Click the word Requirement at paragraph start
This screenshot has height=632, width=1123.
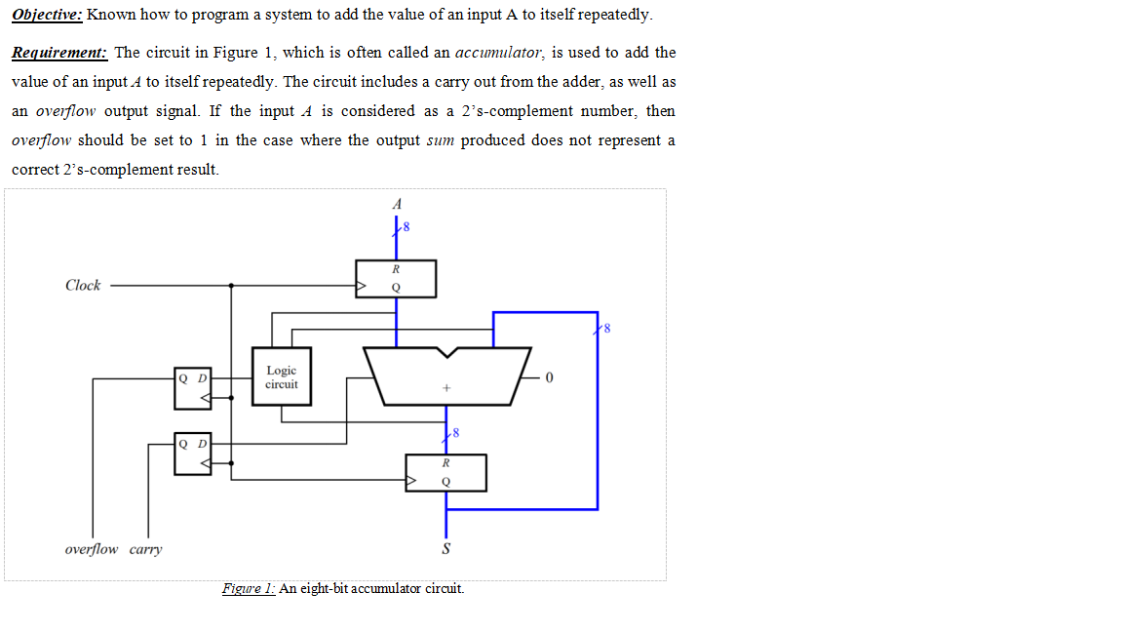(59, 53)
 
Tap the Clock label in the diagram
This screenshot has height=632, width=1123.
(83, 286)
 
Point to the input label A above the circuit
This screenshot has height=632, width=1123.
(396, 205)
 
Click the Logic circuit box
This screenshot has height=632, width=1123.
(281, 376)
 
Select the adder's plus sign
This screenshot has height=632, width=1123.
(445, 388)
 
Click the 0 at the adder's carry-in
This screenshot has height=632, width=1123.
(551, 377)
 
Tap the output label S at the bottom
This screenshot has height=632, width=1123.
(446, 549)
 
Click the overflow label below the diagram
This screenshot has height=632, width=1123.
(92, 549)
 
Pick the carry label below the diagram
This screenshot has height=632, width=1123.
(145, 549)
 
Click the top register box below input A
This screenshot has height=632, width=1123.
(396, 278)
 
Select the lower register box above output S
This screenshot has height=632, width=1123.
(445, 472)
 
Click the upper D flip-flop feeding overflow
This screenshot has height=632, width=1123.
(192, 386)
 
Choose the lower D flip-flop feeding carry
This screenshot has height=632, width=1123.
(192, 454)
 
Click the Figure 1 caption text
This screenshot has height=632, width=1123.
(342, 588)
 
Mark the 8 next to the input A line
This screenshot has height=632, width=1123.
(407, 228)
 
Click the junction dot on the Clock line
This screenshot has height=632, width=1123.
(231, 286)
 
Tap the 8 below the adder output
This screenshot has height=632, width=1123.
(455, 432)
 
